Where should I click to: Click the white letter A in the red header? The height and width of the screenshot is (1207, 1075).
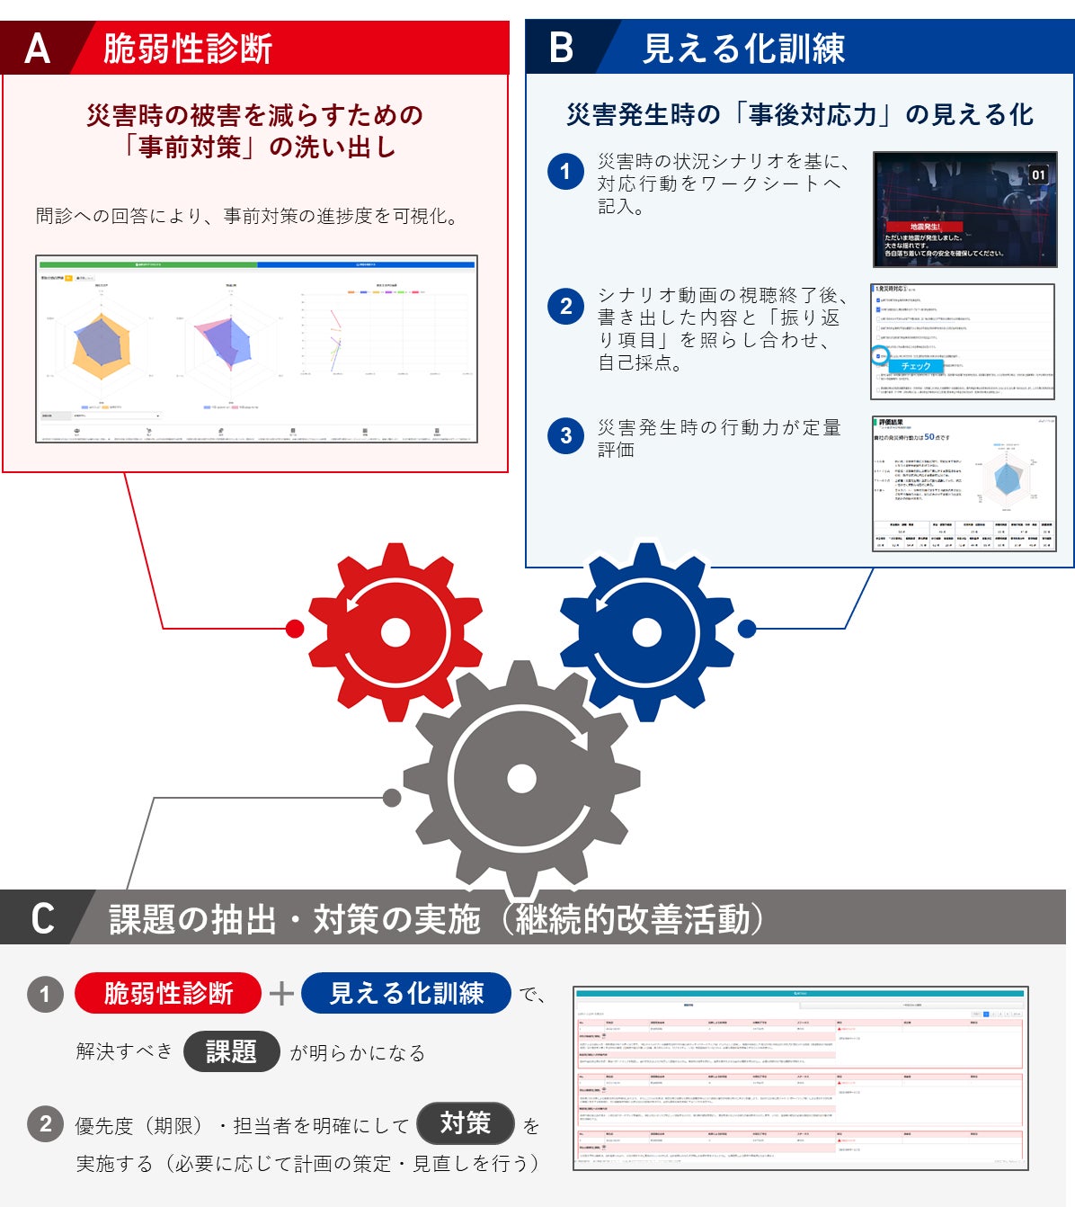pos(37,49)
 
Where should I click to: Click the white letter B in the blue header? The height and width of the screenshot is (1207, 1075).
pos(561,48)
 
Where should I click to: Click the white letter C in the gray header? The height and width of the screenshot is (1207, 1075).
pos(42,919)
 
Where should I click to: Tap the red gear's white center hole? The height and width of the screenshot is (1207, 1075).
pos(395,630)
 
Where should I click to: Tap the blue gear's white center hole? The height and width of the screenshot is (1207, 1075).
pos(646,631)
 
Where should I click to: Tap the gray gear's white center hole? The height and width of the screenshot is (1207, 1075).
pos(521,778)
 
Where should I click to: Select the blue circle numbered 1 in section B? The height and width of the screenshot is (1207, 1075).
pos(565,171)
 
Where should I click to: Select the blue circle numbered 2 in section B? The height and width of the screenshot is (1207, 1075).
pos(565,307)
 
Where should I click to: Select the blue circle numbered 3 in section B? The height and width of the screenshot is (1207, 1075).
pos(565,436)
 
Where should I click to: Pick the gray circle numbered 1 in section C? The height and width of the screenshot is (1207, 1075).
pos(45,994)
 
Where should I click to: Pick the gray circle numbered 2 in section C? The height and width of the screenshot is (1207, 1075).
pos(45,1123)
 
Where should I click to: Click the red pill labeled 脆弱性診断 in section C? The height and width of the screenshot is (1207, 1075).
pos(168,993)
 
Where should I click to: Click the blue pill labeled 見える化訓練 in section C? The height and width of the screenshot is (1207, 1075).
pos(406,993)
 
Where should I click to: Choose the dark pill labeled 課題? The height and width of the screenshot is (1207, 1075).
pos(231,1051)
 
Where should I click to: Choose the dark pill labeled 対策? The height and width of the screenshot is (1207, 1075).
pos(465,1123)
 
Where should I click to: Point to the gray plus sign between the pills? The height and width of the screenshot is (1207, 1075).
pos(281,994)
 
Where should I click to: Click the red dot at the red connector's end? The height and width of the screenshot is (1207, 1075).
pos(294,629)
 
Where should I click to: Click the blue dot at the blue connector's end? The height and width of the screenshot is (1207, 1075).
pos(747,629)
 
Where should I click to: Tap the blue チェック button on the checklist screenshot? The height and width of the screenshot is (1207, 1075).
pos(915,366)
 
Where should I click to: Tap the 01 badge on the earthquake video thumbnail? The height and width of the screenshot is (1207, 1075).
pos(1038,174)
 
